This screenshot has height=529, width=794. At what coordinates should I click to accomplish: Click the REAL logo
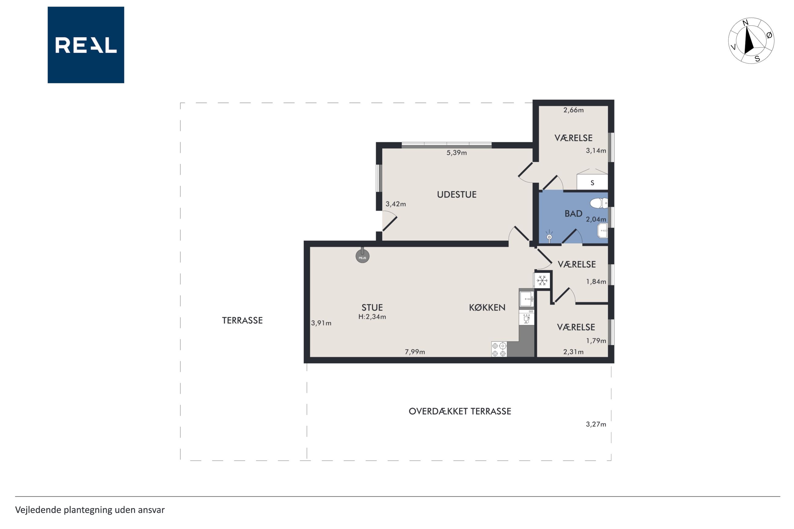coord(86,45)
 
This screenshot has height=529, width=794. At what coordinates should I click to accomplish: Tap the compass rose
coord(751,41)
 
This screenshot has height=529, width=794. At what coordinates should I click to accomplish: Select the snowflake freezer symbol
coord(542,280)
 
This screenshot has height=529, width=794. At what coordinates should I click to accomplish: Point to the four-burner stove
coord(499,349)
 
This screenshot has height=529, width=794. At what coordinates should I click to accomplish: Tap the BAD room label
coord(573,214)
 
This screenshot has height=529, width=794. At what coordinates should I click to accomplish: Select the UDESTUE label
coord(457,195)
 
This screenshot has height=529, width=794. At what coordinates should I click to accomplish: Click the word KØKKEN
coord(487,307)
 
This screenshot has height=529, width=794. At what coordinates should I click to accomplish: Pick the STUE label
coord(372,308)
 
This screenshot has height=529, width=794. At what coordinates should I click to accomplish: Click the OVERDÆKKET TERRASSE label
coord(460,411)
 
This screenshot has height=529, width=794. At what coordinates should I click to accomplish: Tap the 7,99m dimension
coord(415,352)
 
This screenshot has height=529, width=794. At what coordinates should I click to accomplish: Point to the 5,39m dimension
coord(457,153)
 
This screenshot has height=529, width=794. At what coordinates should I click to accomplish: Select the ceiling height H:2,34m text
coord(372,317)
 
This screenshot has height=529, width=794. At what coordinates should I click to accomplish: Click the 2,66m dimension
coord(573,110)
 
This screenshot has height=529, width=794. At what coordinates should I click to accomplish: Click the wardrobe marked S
coord(592,182)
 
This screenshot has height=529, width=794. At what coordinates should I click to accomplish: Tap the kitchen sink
coord(526,299)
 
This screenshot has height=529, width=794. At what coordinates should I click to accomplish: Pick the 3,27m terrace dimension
coord(596,424)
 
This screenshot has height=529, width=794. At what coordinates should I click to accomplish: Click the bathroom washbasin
coord(603,231)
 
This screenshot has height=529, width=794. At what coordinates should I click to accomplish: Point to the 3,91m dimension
coord(321,323)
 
